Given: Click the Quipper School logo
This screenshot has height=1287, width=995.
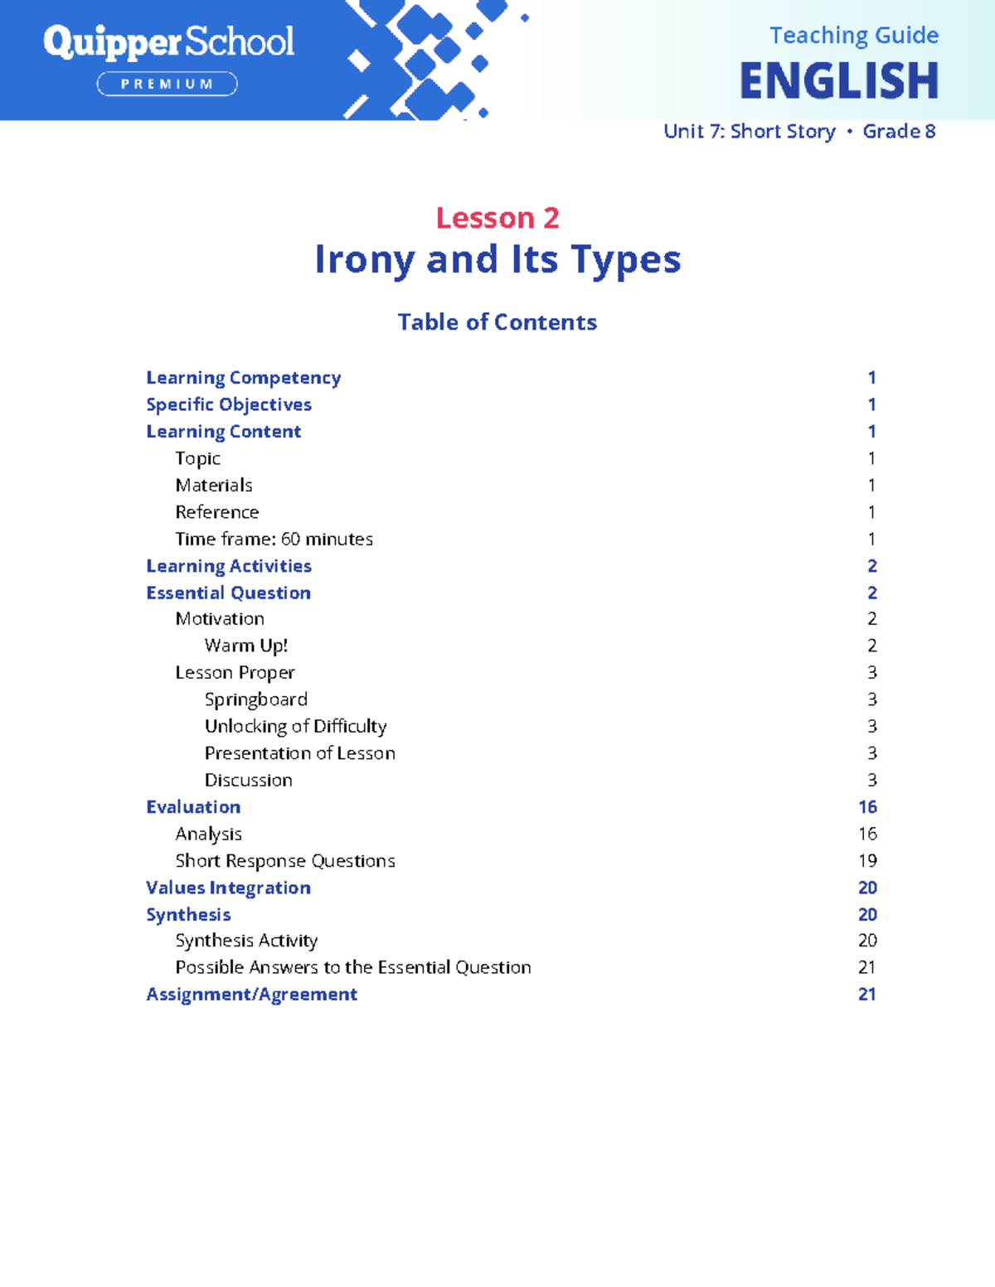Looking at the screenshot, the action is (x=168, y=41).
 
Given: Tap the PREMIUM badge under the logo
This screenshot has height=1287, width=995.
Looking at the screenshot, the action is (x=167, y=84).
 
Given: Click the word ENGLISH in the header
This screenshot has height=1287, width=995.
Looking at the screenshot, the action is (x=838, y=81).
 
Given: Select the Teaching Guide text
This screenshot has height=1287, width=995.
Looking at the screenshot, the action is (x=853, y=36).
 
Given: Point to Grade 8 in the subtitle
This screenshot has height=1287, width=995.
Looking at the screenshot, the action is (x=899, y=131).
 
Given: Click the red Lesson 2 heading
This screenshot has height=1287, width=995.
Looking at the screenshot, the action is (x=498, y=218).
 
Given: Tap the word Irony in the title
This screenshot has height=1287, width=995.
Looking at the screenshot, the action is (x=364, y=259).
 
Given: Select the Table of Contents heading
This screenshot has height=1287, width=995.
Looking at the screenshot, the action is (x=498, y=322).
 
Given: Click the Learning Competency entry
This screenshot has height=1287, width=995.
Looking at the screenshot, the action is (x=243, y=378).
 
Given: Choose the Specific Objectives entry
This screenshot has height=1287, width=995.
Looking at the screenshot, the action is (x=229, y=404).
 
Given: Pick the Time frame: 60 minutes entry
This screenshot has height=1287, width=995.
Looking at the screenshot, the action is (x=274, y=539).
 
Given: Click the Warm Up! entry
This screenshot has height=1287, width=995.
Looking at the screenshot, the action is (x=246, y=646).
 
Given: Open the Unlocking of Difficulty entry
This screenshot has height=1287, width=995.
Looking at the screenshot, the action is (x=295, y=727).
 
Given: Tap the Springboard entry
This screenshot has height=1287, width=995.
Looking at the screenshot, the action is (x=255, y=699).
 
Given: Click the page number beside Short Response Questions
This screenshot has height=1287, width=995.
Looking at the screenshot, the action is (x=867, y=861).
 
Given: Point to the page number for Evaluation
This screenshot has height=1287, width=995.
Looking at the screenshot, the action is (x=867, y=807).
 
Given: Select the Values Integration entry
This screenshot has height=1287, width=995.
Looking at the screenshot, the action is (x=228, y=888).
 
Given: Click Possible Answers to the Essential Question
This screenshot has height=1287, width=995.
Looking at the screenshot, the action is (x=353, y=967).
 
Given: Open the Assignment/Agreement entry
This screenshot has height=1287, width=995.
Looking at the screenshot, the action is (x=251, y=994).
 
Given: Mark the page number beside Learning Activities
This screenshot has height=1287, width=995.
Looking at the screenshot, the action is (x=872, y=566).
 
